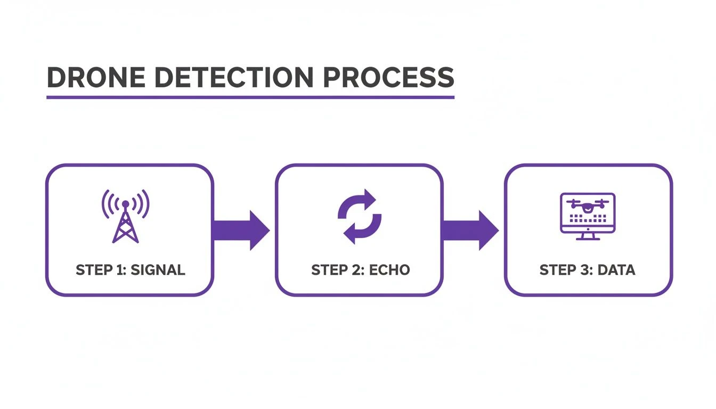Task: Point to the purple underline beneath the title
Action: tap(250, 97)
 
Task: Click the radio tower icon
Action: tap(125, 216)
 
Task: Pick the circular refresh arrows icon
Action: tap(360, 216)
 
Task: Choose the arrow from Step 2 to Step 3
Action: tap(470, 230)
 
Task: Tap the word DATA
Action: tap(616, 270)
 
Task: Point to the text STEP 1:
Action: tap(100, 270)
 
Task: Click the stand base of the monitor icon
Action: tap(588, 238)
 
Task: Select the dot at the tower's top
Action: tap(125, 203)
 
